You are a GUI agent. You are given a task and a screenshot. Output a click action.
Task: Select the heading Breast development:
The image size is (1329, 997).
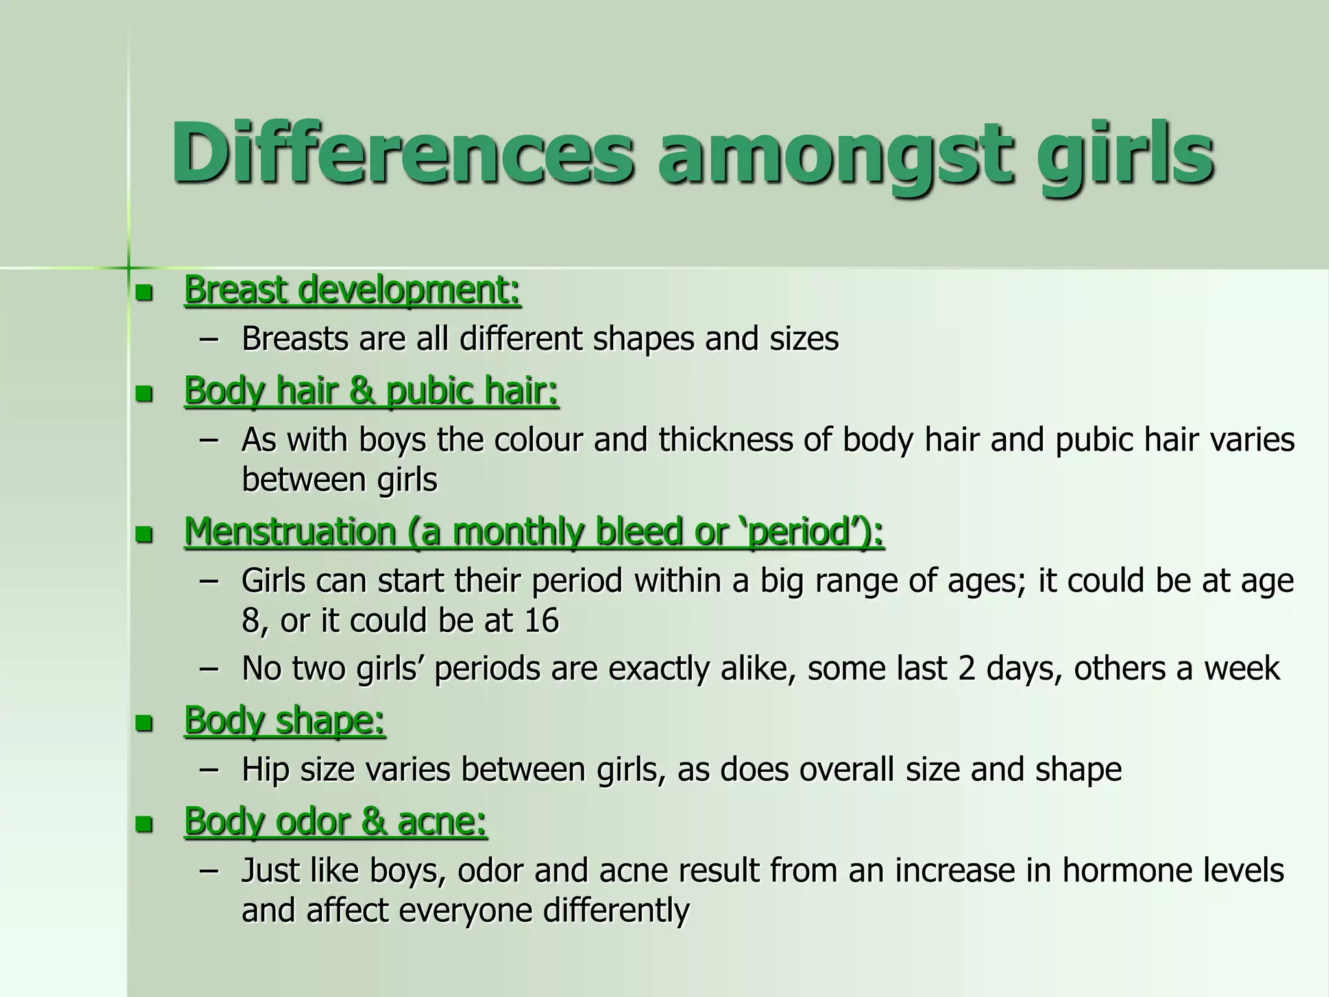(x=352, y=289)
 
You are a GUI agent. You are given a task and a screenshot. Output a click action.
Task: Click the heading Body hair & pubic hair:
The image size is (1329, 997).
(x=371, y=391)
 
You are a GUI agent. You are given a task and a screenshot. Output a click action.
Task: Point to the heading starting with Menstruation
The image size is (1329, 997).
(x=534, y=532)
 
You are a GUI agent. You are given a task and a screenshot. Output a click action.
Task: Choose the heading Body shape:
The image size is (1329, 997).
(x=284, y=720)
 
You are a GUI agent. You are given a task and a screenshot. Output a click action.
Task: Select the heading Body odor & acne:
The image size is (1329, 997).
(x=335, y=821)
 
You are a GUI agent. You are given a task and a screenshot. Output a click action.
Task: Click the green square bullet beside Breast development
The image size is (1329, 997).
(x=143, y=293)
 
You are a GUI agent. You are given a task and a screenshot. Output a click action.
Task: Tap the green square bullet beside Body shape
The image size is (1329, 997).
(x=143, y=724)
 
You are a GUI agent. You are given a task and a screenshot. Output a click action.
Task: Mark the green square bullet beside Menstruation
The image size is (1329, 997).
(x=143, y=535)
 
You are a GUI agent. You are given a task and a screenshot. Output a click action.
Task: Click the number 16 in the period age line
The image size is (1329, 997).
(x=541, y=621)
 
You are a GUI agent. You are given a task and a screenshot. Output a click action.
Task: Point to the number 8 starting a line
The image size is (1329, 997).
(x=250, y=621)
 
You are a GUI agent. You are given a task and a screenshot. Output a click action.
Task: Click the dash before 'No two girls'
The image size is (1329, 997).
(x=209, y=669)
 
